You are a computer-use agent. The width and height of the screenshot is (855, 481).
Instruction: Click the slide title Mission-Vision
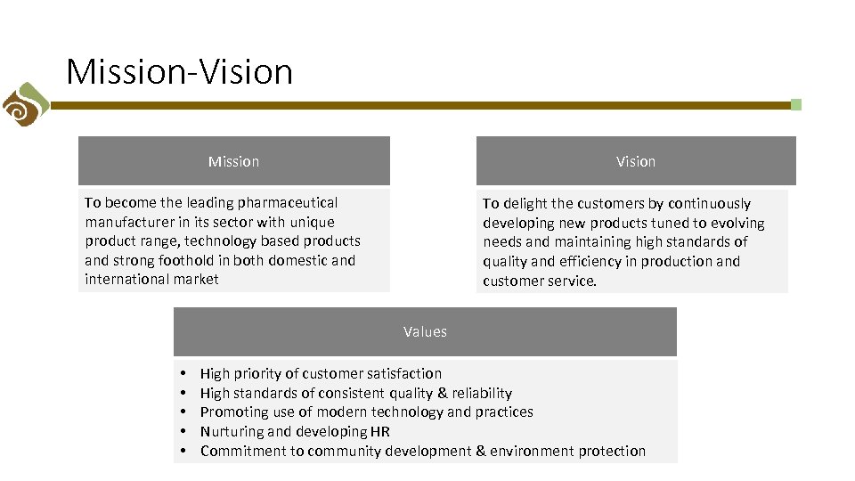[179, 71]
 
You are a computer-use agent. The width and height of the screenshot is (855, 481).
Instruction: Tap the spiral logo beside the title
[23, 104]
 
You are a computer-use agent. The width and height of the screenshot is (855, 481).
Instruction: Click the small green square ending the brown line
[795, 104]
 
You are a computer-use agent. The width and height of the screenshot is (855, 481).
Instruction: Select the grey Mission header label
[233, 161]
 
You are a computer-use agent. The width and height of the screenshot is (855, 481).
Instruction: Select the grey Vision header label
[635, 161]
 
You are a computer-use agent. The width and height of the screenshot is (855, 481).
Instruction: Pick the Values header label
[425, 331]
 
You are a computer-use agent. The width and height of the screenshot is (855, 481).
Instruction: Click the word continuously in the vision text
[709, 203]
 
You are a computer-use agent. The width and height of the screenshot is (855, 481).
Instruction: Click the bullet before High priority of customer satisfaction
[182, 373]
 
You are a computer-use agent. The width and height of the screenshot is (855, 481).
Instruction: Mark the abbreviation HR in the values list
[380, 431]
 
